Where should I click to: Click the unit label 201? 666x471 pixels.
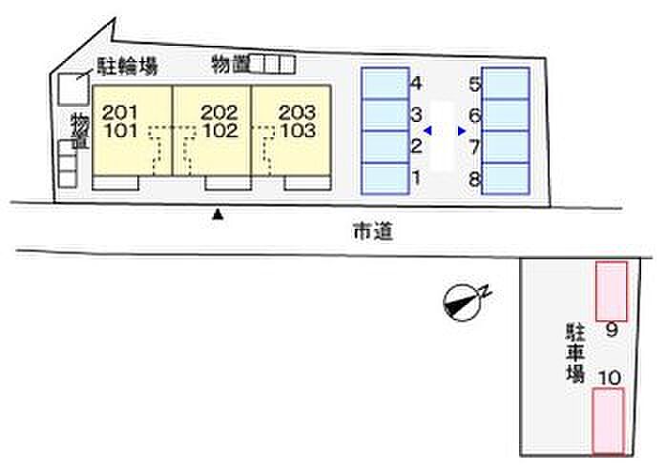tap(119, 112)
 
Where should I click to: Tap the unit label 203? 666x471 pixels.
tap(297, 112)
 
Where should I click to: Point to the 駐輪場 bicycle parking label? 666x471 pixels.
tap(127, 67)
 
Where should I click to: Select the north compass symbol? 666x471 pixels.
tap(464, 301)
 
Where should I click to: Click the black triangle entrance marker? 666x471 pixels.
tap(218, 214)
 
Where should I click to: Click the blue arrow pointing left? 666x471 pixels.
tap(428, 131)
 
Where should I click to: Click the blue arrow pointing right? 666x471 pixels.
tap(462, 131)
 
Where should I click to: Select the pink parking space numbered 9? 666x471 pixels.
tap(612, 291)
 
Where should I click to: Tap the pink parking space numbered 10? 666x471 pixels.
tap(609, 420)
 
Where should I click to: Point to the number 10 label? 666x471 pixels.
tap(610, 378)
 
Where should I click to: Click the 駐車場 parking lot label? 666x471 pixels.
tap(575, 353)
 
